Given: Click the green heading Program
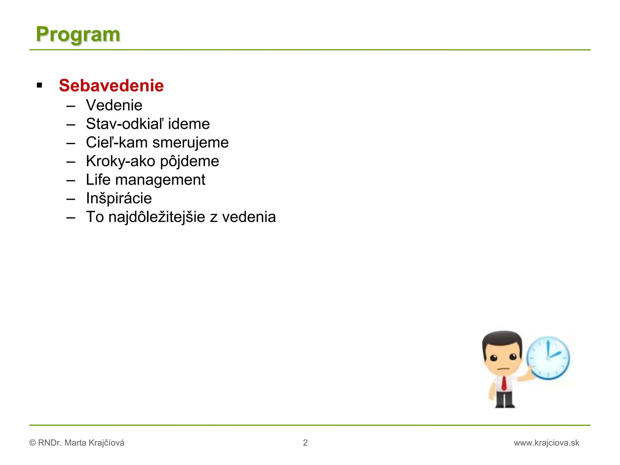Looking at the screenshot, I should pyautogui.click(x=78, y=34).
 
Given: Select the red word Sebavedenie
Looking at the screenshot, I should pyautogui.click(x=111, y=85).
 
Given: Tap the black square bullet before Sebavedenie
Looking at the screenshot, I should pyautogui.click(x=39, y=85).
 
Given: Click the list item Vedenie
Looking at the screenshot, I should pyautogui.click(x=114, y=105).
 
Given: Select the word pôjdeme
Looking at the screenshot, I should pyautogui.click(x=189, y=161).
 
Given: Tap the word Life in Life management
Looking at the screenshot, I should pyautogui.click(x=98, y=180).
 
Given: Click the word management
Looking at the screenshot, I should pyautogui.click(x=160, y=180).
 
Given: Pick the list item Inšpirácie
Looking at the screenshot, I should pyautogui.click(x=119, y=198).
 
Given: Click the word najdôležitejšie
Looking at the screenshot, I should pyautogui.click(x=157, y=217).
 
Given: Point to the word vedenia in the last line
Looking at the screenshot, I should pyautogui.click(x=249, y=217).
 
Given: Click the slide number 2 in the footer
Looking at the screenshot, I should pyautogui.click(x=305, y=443).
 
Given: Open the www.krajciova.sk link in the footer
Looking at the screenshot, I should pyautogui.click(x=546, y=443).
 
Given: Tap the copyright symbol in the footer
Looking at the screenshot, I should pyautogui.click(x=32, y=443).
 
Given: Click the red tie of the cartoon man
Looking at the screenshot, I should pyautogui.click(x=504, y=383).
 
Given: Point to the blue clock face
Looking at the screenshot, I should pyautogui.click(x=548, y=358).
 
